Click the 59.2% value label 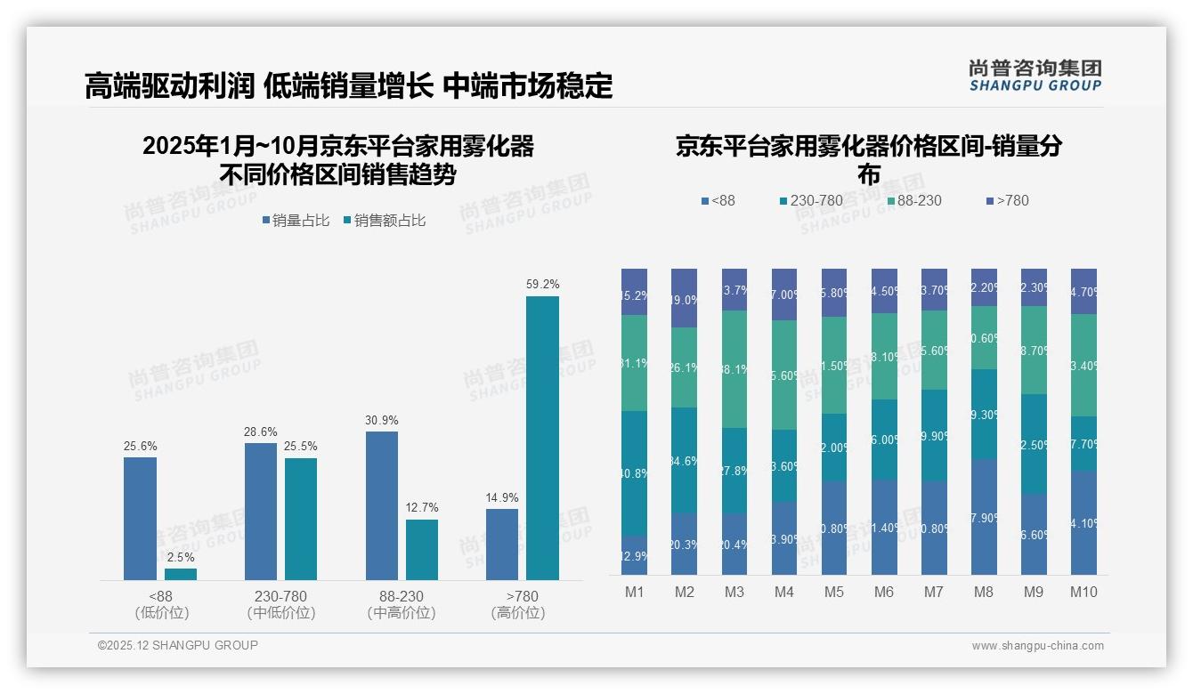(x=542, y=285)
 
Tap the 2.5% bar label (x=181, y=557)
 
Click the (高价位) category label (x=517, y=613)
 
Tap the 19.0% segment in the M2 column (x=685, y=299)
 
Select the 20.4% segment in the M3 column (x=734, y=544)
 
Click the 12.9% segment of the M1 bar (x=635, y=555)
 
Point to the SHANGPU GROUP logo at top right (x=1035, y=76)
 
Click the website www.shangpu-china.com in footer (x=1037, y=646)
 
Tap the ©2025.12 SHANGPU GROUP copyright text (x=178, y=645)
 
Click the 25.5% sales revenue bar (x=301, y=519)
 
